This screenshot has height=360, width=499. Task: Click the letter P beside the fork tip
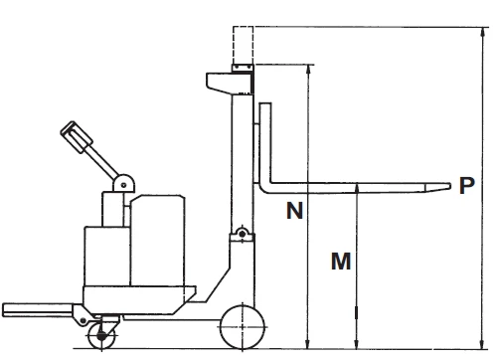(465, 185)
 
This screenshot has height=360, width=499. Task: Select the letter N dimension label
(294, 210)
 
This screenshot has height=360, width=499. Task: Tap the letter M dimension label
(340, 262)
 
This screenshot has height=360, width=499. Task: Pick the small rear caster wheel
(99, 337)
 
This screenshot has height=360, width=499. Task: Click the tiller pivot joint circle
(123, 182)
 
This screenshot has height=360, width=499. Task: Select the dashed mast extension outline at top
(243, 45)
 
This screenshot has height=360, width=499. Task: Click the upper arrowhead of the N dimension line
(309, 69)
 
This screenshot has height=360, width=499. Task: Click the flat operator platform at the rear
(40, 306)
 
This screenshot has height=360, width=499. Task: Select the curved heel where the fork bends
(265, 184)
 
